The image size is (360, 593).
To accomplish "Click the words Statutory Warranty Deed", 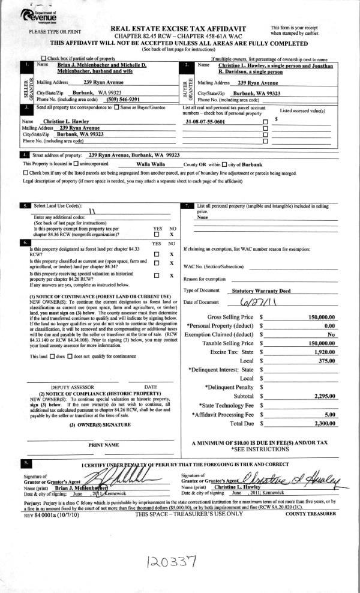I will pyautogui.click(x=244, y=290).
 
